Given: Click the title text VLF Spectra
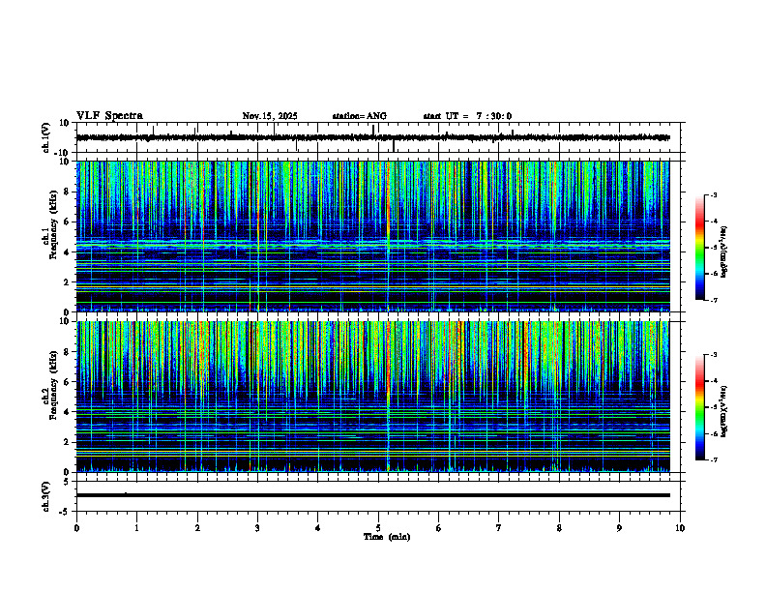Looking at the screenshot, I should coord(109,116).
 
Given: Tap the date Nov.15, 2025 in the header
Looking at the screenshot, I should coord(270,116).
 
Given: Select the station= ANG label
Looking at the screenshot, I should coord(359,116).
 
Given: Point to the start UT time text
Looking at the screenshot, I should coord(467,116).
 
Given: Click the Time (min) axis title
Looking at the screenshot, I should coord(386,537).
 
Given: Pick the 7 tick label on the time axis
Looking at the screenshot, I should coord(499,528).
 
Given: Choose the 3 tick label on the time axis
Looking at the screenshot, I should coord(257,528).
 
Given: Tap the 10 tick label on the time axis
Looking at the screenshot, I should coord(680,528).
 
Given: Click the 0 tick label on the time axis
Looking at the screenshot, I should coord(76,528).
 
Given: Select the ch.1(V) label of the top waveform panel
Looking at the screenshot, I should coord(45,137).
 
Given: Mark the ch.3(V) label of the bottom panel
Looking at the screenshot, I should coord(45,495).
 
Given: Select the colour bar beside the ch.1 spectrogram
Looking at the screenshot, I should coord(708,248).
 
